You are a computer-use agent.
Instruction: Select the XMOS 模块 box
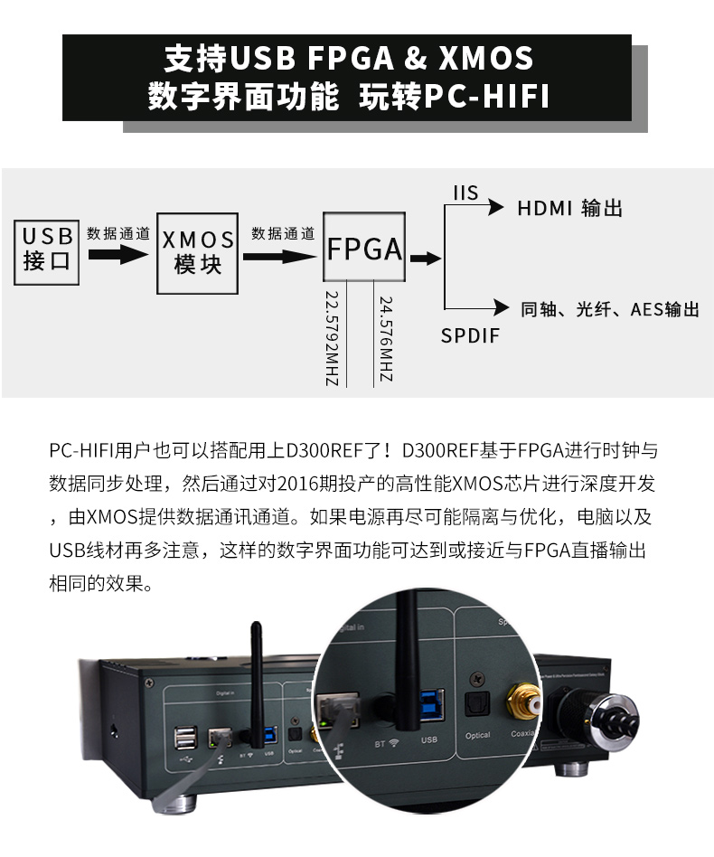coord(198,253)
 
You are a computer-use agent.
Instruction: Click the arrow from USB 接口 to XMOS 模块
coord(117,255)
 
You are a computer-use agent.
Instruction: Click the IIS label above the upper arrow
coord(465,193)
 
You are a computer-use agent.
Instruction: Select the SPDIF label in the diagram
coord(470,336)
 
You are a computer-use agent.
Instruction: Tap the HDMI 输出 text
coord(569,209)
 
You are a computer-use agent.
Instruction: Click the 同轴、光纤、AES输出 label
coord(610,310)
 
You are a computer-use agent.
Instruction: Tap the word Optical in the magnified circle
coord(477,735)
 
